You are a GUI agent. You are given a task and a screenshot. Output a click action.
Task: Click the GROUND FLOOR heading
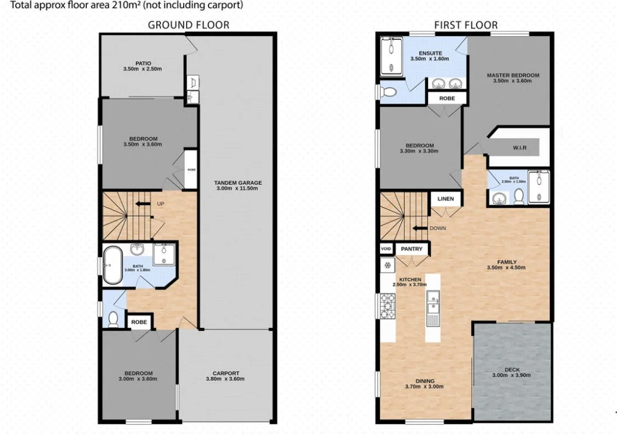188,24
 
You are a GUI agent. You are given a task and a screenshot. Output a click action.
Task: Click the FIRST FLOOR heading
465,24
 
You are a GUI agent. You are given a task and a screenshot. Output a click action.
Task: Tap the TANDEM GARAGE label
237,183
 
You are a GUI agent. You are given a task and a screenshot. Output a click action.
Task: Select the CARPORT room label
225,373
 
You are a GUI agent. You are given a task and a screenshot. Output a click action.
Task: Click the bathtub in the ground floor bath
112,265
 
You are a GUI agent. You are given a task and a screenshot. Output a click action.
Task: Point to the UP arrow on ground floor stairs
142,204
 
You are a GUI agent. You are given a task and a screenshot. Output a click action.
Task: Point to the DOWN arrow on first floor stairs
419,228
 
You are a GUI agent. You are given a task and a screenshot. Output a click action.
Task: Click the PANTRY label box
412,249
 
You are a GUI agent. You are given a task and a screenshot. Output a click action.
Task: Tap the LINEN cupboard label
446,199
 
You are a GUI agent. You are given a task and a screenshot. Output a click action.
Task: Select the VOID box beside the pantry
385,249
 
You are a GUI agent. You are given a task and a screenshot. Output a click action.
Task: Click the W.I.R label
520,148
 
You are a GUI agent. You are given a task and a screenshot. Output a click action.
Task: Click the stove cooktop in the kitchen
387,306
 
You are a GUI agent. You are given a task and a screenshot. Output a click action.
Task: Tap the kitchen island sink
433,303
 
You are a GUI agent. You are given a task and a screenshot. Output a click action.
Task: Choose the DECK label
512,369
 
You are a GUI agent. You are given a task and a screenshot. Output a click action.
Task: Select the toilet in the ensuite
388,91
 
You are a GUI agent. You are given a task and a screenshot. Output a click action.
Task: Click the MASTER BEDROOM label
513,75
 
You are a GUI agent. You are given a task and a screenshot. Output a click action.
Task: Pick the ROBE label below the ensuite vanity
447,99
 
